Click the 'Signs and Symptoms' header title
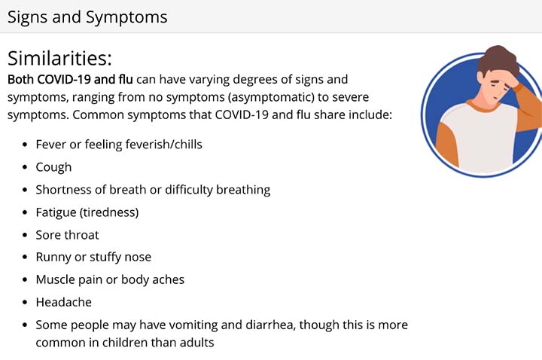pos(87,17)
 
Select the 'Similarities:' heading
pos(59,58)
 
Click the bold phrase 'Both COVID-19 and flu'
pos(70,80)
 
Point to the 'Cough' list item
pos(53,167)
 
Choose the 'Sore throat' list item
pos(68,235)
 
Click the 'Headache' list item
pos(63,302)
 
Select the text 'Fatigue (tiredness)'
pos(87,212)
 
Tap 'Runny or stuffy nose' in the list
pos(93,258)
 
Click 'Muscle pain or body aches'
pos(110,279)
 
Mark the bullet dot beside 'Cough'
pos(25,167)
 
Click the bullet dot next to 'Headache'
pos(25,302)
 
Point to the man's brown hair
pos(498,59)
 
